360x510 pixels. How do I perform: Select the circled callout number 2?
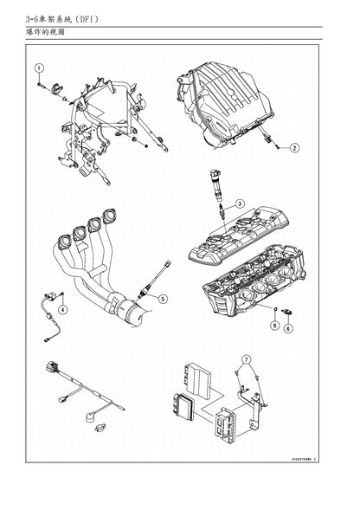coord(294,148)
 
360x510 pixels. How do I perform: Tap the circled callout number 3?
coord(241,204)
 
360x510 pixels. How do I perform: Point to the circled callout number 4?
coord(62,309)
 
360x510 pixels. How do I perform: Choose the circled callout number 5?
coord(164,299)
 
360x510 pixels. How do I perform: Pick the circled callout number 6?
coord(289,328)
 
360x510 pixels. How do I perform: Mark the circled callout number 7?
coord(246,358)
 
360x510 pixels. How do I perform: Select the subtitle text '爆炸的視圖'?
coord(46,33)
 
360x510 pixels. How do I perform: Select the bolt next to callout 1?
coord(41,85)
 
